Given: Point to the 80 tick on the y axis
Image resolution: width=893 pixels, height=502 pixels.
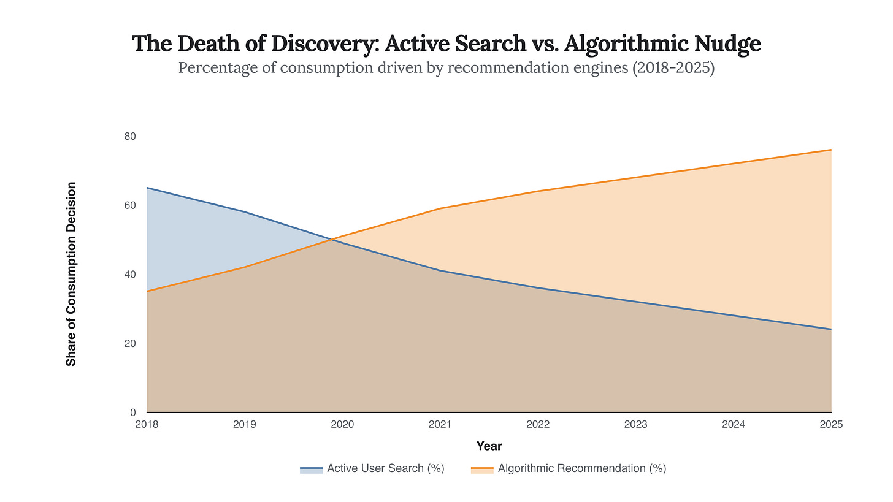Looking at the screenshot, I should tap(129, 136).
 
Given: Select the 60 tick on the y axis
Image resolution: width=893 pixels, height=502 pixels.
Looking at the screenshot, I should tap(129, 205).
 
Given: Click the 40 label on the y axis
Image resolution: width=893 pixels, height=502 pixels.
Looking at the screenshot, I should tap(129, 274).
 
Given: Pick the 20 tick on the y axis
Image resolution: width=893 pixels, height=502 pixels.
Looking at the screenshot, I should tap(129, 343).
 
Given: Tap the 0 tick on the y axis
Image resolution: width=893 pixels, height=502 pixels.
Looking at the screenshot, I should tap(132, 413).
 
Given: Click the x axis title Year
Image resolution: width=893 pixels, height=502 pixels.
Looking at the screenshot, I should tap(489, 446).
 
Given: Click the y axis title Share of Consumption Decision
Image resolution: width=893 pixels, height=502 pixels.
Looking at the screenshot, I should tap(71, 274).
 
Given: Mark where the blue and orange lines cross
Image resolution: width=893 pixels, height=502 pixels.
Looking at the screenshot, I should tap(332, 239).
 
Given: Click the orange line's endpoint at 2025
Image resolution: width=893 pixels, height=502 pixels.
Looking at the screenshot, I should tap(831, 150).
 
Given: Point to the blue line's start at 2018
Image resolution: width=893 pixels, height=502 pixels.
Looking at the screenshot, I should tap(148, 188).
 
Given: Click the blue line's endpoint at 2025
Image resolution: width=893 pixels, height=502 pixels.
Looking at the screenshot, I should tap(831, 329).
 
